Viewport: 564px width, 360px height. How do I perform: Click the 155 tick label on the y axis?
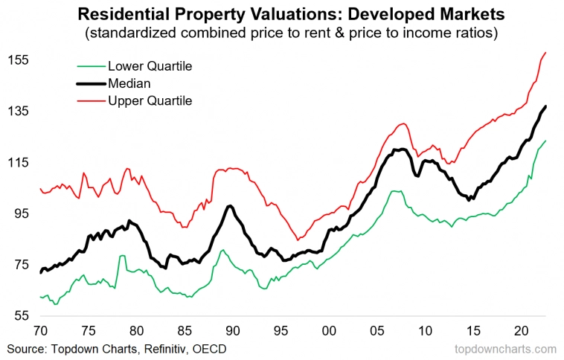(16, 60)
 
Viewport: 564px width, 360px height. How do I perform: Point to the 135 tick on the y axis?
(16, 111)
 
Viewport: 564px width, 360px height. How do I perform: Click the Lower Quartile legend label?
(150, 66)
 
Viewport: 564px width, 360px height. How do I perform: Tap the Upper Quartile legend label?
(150, 100)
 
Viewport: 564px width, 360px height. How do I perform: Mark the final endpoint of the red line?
(546, 52)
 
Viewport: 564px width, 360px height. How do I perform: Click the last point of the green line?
(546, 141)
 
